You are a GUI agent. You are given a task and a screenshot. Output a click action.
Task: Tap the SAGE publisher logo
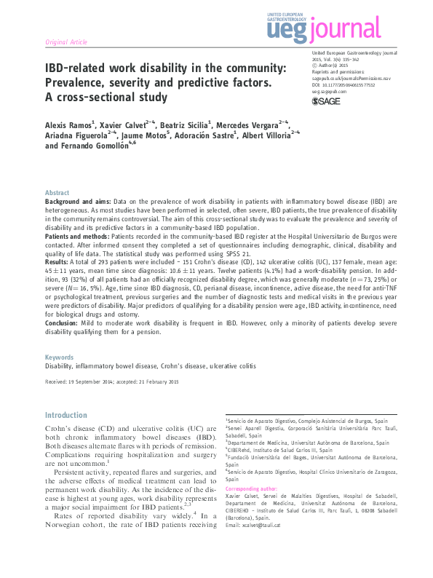click(x=325, y=102)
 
